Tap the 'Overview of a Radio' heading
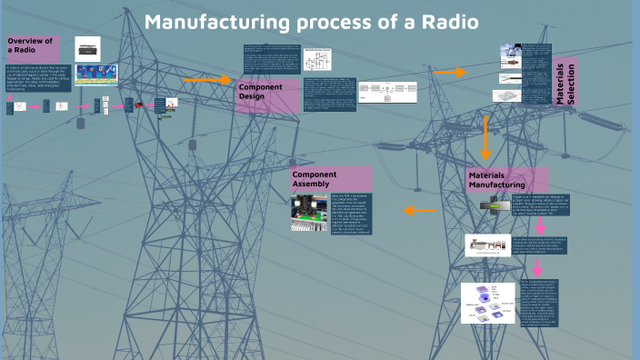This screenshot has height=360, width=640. tap(32, 46)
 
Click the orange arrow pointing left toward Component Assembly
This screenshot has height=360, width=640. tap(419, 210)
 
